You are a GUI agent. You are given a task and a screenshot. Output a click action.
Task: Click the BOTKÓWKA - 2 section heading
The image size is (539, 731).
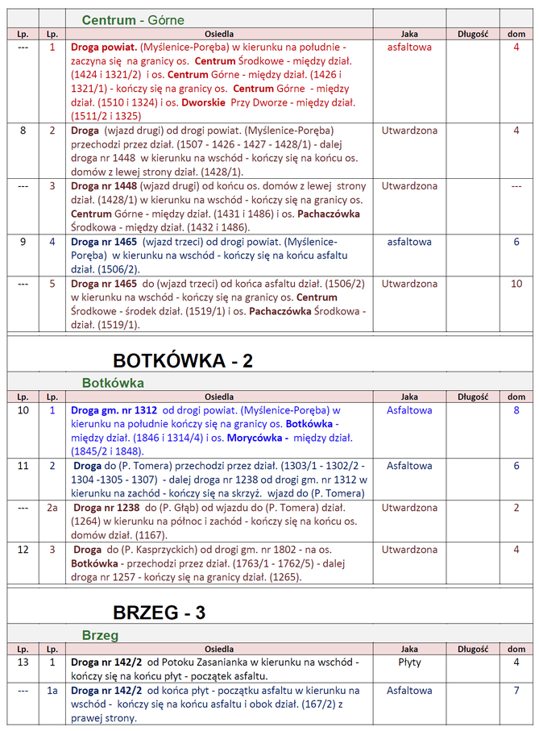pyautogui.click(x=183, y=360)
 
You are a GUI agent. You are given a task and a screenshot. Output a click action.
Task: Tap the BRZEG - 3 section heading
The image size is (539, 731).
pyautogui.click(x=159, y=613)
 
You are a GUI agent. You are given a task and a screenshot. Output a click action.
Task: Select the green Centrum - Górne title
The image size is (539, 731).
pyautogui.click(x=133, y=19)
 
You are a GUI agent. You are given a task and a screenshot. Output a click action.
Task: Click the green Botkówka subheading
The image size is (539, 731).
pyautogui.click(x=113, y=383)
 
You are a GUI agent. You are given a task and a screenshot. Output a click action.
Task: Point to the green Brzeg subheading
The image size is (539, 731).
pyautogui.click(x=100, y=635)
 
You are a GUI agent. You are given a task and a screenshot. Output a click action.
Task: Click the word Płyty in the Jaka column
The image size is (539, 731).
pyautogui.click(x=409, y=662)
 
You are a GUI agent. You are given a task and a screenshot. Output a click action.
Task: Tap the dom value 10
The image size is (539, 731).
pyautogui.click(x=516, y=284)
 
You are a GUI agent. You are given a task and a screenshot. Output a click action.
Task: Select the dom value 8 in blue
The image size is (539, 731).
pyautogui.click(x=516, y=410)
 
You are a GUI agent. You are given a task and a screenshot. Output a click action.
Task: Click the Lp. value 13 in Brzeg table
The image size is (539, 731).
pyautogui.click(x=23, y=662)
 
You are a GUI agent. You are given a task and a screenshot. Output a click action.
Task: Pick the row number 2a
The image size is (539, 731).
pyautogui.click(x=52, y=508)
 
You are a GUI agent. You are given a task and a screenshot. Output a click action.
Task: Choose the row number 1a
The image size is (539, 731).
pyautogui.click(x=52, y=691)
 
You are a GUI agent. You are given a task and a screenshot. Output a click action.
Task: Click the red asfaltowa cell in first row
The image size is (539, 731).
pyautogui.click(x=409, y=48)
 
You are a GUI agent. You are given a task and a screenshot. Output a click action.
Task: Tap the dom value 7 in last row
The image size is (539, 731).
pyautogui.click(x=516, y=691)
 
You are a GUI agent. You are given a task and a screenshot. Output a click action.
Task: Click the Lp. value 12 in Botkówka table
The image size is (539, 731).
pyautogui.click(x=23, y=550)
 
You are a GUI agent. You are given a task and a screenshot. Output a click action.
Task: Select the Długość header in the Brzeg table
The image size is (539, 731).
pyautogui.click(x=473, y=649)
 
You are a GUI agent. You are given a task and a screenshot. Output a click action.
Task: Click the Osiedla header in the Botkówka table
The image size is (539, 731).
pyautogui.click(x=219, y=397)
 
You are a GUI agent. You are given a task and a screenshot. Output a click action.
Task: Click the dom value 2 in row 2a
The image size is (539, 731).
pyautogui.click(x=516, y=508)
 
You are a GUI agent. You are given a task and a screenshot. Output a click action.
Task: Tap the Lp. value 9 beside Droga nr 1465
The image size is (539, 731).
pyautogui.click(x=23, y=242)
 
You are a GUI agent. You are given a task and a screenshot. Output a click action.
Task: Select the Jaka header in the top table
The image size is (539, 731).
pyautogui.click(x=409, y=34)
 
